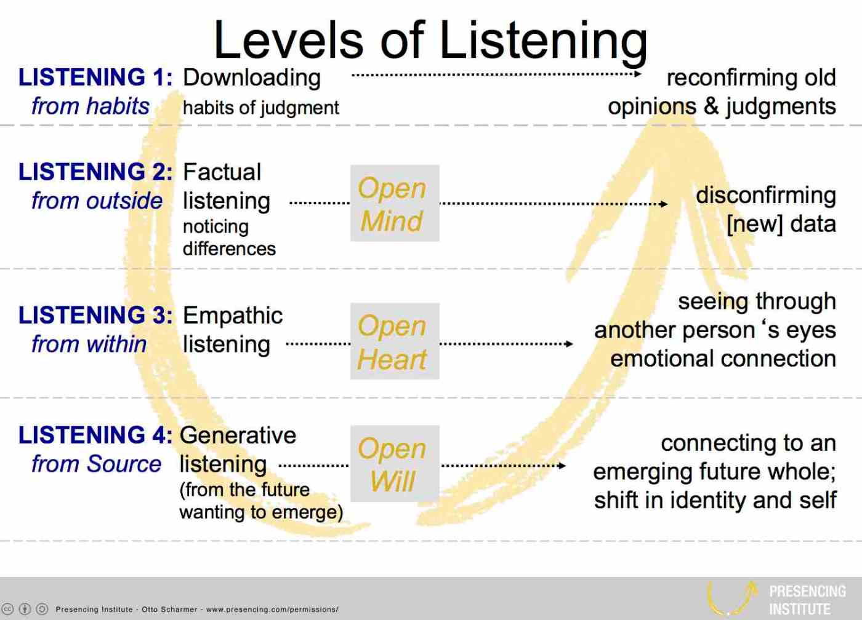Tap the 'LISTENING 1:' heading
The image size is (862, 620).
(95, 77)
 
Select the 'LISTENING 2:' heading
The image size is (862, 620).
(95, 172)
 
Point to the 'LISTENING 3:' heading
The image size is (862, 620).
(95, 315)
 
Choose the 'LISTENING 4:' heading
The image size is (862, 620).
(95, 435)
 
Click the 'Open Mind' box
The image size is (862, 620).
(395, 203)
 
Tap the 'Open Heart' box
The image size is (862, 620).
(395, 341)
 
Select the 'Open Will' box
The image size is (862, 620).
(395, 463)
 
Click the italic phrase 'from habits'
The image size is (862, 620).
(91, 106)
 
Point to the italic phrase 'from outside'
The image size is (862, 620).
(97, 201)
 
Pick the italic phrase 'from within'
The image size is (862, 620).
(89, 344)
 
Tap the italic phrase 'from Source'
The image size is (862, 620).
(96, 464)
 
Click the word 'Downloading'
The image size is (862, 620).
(252, 78)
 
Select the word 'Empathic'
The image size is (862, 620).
(233, 317)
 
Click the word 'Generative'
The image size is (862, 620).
(238, 435)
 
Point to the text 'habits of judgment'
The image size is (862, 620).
(261, 108)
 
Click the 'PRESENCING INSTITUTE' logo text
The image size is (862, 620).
(807, 600)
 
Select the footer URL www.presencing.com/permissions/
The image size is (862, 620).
(272, 610)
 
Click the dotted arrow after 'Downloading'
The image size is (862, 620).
(496, 74)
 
